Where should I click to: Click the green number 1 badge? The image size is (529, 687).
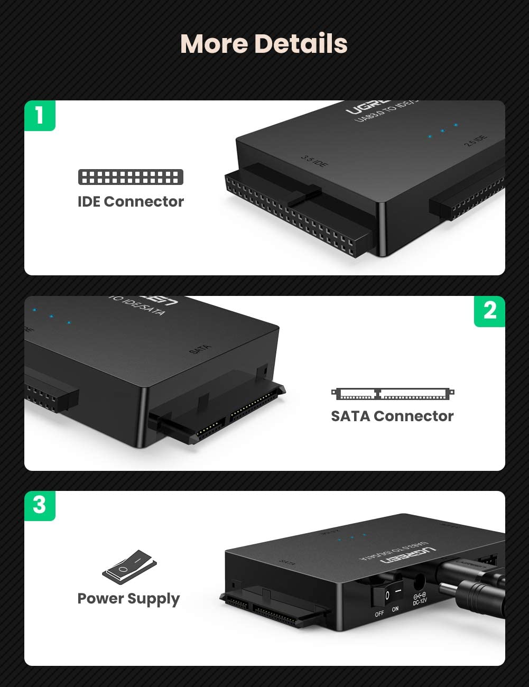pyautogui.click(x=40, y=115)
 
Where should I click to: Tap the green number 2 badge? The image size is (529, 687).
pyautogui.click(x=489, y=311)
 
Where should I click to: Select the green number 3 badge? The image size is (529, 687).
pyautogui.click(x=40, y=505)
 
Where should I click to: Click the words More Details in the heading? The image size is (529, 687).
pyautogui.click(x=264, y=43)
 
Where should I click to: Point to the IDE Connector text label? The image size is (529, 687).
pyautogui.click(x=131, y=201)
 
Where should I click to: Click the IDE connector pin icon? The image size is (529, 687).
pyautogui.click(x=131, y=177)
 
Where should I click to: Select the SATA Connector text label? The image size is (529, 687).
pyautogui.click(x=392, y=416)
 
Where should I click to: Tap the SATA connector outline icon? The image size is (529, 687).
pyautogui.click(x=393, y=394)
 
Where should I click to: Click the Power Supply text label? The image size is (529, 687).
pyautogui.click(x=128, y=598)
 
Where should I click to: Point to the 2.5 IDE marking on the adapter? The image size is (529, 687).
pyautogui.click(x=476, y=141)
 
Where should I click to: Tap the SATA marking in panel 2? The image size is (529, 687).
pyautogui.click(x=200, y=349)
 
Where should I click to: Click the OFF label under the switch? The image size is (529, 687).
pyautogui.click(x=379, y=614)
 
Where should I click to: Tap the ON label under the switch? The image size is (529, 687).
pyautogui.click(x=395, y=609)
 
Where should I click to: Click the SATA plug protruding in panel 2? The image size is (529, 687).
pyautogui.click(x=222, y=415)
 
